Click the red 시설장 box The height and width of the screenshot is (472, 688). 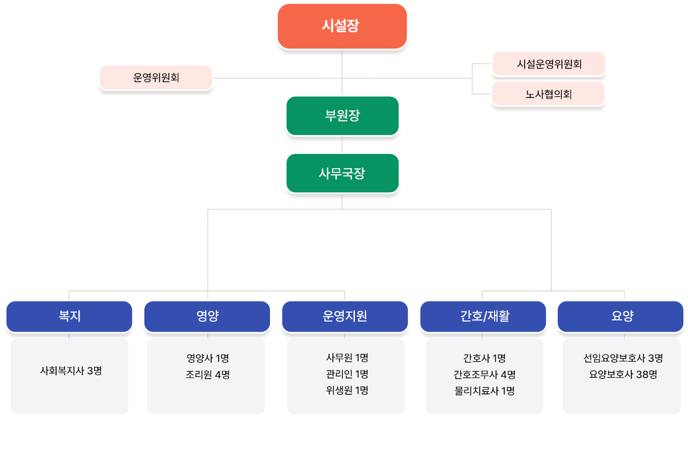tap(343, 26)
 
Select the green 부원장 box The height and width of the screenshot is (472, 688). tap(343, 116)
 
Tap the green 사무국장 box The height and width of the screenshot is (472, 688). tap(343, 173)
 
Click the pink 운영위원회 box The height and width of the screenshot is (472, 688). tap(156, 78)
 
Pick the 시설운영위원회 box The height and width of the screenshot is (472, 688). tap(549, 64)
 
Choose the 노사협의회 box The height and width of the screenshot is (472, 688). tap(548, 94)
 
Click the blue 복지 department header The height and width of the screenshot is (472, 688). tap(70, 316)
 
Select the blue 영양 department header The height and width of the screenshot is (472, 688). tap(207, 316)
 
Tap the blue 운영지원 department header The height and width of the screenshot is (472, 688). tap(345, 316)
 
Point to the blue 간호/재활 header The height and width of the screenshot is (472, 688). tap(483, 316)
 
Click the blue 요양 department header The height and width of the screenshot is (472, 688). tap(620, 316)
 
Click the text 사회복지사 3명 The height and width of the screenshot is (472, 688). tap(71, 371)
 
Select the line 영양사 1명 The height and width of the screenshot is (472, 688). tap(208, 358)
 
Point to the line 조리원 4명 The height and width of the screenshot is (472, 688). tap(208, 375)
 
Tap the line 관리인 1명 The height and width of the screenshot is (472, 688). tap(347, 374)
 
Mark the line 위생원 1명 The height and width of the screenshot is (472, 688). tap(347, 391)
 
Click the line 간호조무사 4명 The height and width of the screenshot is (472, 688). tap(485, 375)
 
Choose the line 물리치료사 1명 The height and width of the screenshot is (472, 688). tap(485, 391)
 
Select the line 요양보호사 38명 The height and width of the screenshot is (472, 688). tap(623, 374)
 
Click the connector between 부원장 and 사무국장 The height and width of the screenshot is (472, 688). tap(342, 145)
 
